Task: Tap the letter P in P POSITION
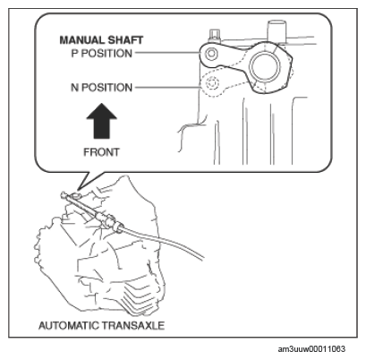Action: point(74,54)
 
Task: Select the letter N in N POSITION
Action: point(74,88)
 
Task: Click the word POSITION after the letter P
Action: point(106,54)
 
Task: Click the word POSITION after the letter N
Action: point(106,88)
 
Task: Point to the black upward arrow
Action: point(102,121)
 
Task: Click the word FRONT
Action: point(101,152)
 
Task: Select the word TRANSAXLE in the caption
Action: point(133,325)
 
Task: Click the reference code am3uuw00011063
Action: point(311,349)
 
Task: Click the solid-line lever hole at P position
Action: point(211,54)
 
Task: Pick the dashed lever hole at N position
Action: point(212,84)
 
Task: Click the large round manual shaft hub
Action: point(265,66)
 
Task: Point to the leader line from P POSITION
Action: point(167,53)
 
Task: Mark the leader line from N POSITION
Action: point(167,88)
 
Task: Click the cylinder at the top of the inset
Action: point(277,30)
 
